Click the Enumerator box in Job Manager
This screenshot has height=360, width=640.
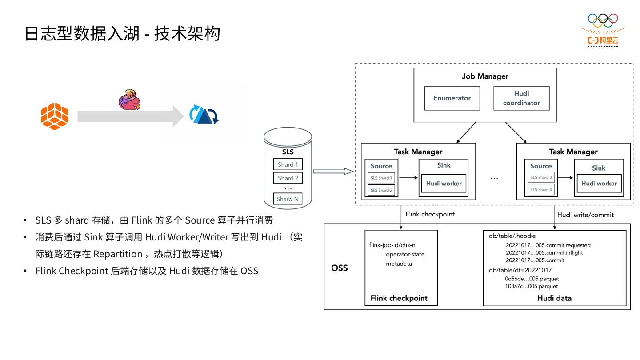pyautogui.click(x=452, y=98)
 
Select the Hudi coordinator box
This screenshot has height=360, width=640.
pyautogui.click(x=521, y=98)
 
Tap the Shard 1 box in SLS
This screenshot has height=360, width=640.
pyautogui.click(x=288, y=164)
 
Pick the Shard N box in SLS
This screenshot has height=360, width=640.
pyautogui.click(x=288, y=199)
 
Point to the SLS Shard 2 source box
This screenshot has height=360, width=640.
pyautogui.click(x=381, y=190)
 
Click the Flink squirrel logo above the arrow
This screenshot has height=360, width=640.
pyautogui.click(x=129, y=100)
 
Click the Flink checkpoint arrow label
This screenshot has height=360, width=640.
pyautogui.click(x=430, y=214)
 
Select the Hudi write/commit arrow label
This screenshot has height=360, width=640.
pyautogui.click(x=585, y=215)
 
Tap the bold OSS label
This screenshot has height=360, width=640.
pyautogui.click(x=340, y=268)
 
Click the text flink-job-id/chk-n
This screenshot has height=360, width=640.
pyautogui.click(x=392, y=245)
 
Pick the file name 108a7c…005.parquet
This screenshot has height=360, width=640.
pyautogui.click(x=531, y=286)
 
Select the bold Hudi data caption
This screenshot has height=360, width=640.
pyautogui.click(x=554, y=298)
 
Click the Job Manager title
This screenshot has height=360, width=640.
pyautogui.click(x=485, y=76)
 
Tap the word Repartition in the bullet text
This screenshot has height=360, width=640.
pyautogui.click(x=117, y=254)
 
